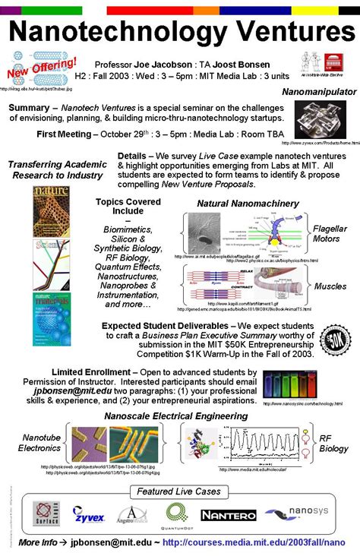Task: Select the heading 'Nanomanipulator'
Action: click(317, 92)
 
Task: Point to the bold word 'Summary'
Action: click(28, 108)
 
